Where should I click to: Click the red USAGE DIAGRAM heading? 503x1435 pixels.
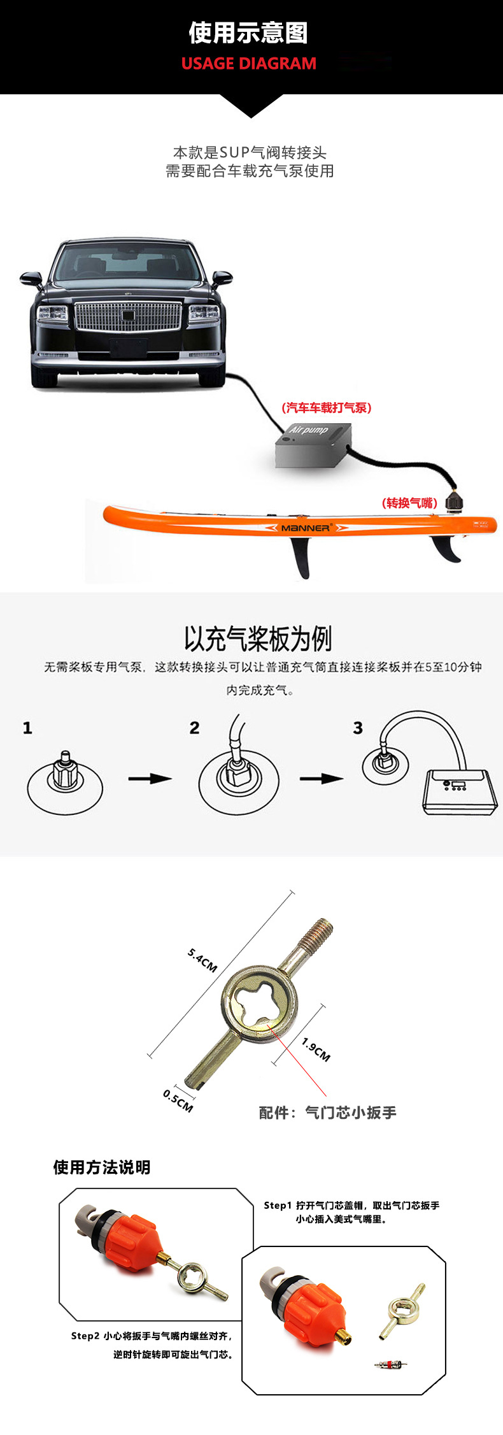click(x=248, y=64)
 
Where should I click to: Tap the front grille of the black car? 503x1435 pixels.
click(x=128, y=317)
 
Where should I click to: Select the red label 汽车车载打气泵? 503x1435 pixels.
click(x=326, y=408)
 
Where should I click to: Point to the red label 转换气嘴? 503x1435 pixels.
click(x=409, y=503)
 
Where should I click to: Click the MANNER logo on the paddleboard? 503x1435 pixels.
click(x=306, y=528)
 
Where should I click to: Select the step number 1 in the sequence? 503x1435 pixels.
click(x=27, y=728)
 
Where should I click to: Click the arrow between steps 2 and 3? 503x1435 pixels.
click(x=322, y=778)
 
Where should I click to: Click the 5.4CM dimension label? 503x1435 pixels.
click(x=202, y=960)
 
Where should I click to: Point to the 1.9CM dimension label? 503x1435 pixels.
click(x=316, y=1049)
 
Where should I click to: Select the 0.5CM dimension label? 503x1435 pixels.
click(x=178, y=1100)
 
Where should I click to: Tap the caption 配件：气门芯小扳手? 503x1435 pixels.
click(x=327, y=1113)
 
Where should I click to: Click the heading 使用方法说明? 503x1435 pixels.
click(x=102, y=1167)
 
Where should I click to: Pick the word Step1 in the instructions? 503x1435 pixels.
click(x=278, y=1205)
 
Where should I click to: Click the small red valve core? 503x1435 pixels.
click(x=390, y=1364)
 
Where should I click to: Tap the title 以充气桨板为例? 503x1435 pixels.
click(x=258, y=638)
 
